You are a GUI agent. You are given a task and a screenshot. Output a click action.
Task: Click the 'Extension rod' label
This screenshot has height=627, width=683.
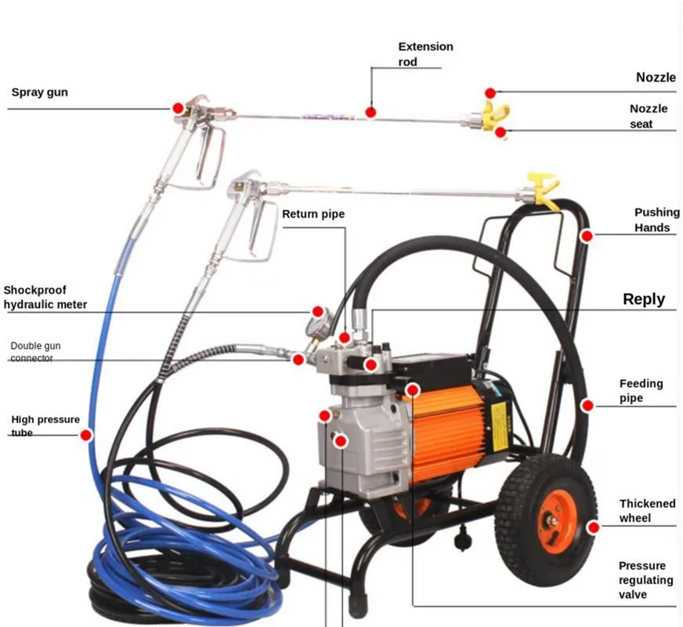coord(425,54)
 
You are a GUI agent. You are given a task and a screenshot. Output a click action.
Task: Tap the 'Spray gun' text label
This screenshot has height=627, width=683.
coord(39,92)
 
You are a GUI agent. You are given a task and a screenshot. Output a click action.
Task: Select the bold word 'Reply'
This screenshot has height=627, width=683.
coord(643,299)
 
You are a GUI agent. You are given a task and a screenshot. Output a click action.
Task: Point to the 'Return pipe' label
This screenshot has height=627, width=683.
coord(313,214)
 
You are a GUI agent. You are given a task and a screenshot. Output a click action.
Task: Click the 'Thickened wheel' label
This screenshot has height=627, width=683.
coord(647,511)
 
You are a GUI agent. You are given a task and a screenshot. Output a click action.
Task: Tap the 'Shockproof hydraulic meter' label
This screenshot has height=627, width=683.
coord(45,297)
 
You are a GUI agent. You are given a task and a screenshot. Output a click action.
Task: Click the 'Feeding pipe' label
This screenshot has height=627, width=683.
coord(641,391)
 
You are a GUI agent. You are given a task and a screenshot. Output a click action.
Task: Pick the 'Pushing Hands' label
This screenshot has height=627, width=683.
coord(652,220)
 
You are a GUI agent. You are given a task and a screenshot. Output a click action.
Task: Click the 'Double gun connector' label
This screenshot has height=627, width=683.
coord(35,352)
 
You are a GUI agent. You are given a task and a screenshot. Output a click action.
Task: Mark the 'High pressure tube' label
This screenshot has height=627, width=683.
coord(45,426)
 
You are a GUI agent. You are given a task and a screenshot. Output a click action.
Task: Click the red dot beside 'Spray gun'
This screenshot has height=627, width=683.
coord(178,107)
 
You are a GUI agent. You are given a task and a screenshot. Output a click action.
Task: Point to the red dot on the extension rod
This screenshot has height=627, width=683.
coord(370,112)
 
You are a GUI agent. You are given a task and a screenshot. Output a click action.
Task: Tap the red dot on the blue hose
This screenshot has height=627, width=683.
coord(86,434)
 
